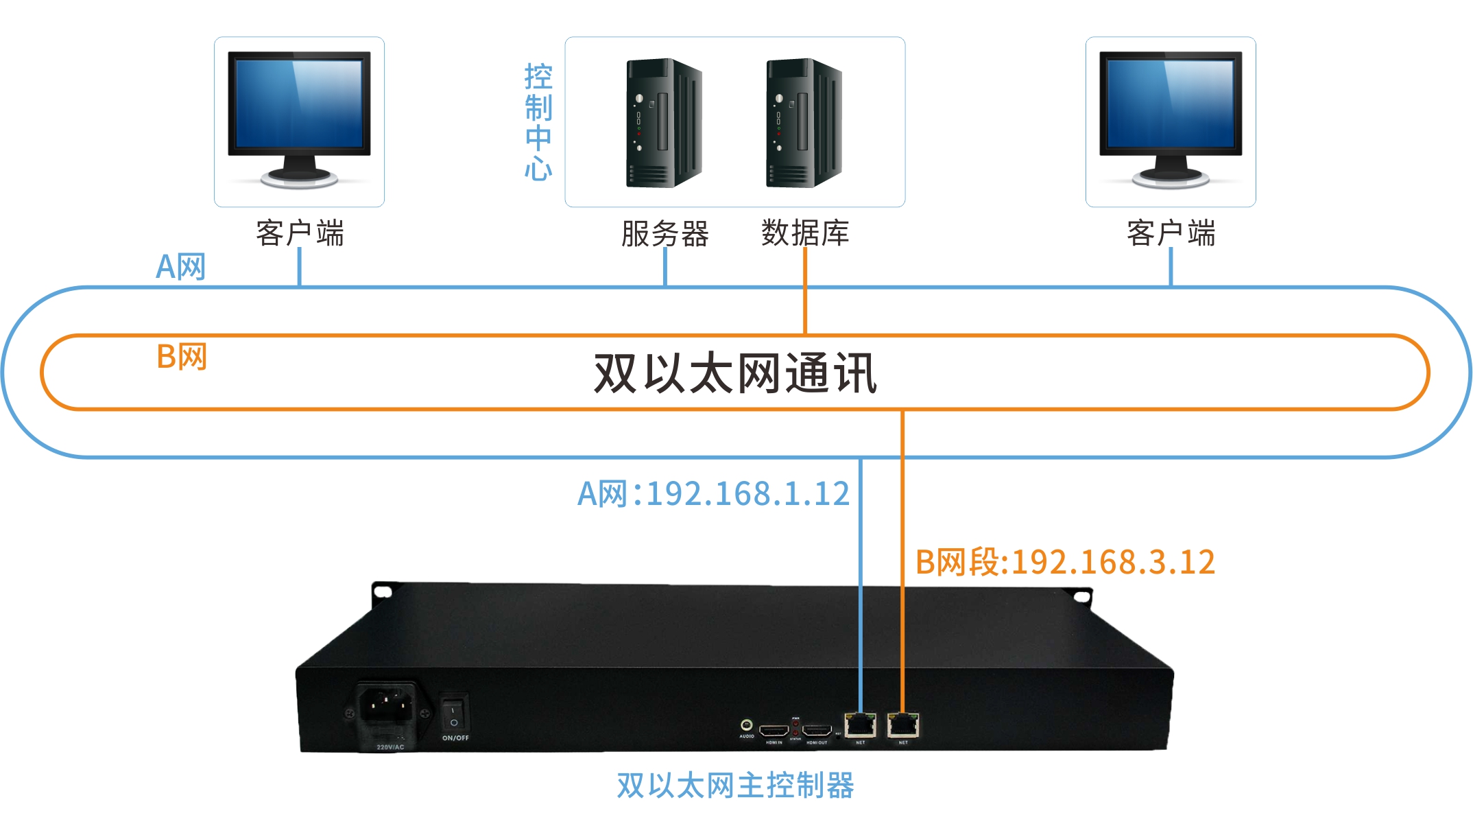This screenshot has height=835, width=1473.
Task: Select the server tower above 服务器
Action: click(663, 124)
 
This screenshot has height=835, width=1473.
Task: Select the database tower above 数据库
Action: click(803, 124)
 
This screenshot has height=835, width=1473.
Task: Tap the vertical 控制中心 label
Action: click(538, 122)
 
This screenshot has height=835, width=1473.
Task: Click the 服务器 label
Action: click(664, 234)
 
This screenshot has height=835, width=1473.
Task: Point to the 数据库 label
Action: click(805, 234)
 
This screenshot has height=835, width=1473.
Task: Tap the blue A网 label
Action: click(181, 267)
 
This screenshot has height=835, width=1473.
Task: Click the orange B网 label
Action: click(182, 357)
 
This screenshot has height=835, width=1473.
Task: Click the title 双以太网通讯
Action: click(735, 374)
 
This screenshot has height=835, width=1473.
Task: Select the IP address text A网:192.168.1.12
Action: click(714, 494)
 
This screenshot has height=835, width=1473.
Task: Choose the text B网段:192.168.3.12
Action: click(1065, 563)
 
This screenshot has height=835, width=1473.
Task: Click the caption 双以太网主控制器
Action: click(735, 786)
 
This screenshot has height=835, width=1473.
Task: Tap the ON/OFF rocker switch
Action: click(453, 714)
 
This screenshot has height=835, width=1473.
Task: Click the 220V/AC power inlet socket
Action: click(387, 705)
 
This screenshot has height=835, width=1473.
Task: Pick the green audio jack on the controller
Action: click(747, 725)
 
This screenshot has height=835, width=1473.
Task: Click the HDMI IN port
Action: click(774, 731)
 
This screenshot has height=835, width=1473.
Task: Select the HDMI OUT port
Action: click(817, 731)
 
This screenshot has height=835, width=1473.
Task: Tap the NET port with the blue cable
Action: click(861, 725)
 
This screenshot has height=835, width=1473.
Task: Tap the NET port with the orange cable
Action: click(903, 725)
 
